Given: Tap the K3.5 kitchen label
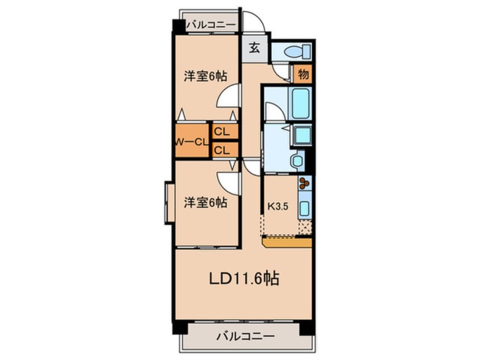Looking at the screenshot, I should pyautogui.click(x=279, y=206).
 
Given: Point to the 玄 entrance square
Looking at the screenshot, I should pyautogui.click(x=255, y=48).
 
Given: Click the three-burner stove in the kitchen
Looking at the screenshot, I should pyautogui.click(x=305, y=183).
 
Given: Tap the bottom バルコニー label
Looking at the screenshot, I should pyautogui.click(x=245, y=336).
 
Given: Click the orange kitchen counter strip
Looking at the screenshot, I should pyautogui.click(x=287, y=243).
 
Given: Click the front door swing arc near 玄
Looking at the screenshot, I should pyautogui.click(x=254, y=23).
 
